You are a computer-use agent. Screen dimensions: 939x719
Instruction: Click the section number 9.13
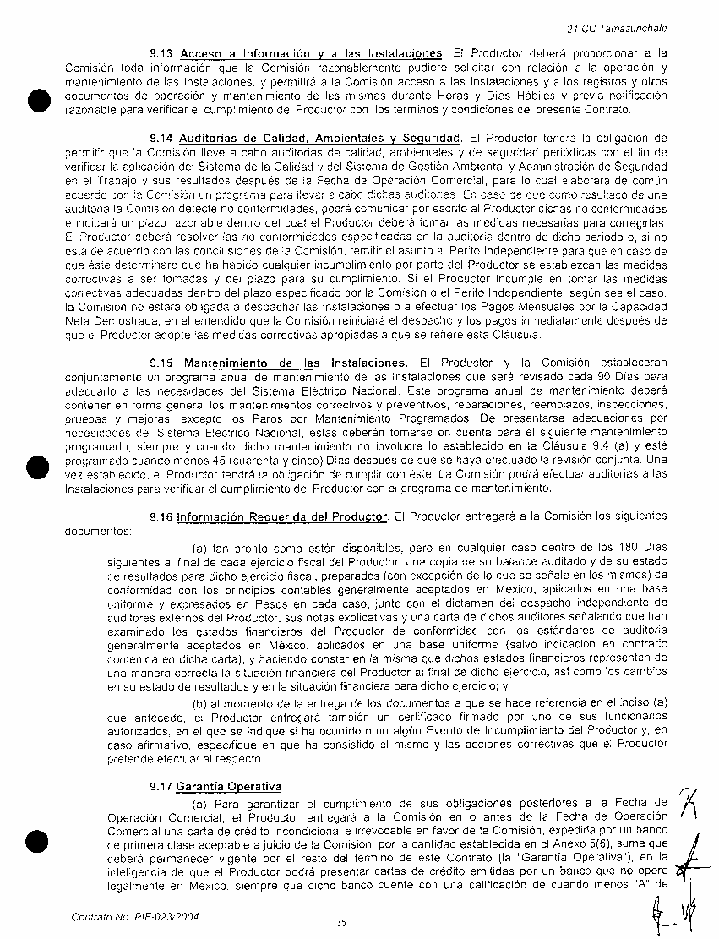point(161,54)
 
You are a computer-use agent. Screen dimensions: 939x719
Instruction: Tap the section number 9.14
point(161,138)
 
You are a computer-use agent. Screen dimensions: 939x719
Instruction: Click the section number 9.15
point(161,363)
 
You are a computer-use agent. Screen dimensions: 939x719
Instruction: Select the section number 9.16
point(161,516)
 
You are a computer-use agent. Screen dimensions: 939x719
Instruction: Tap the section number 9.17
point(161,787)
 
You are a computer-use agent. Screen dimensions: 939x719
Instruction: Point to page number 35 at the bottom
point(341,923)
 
